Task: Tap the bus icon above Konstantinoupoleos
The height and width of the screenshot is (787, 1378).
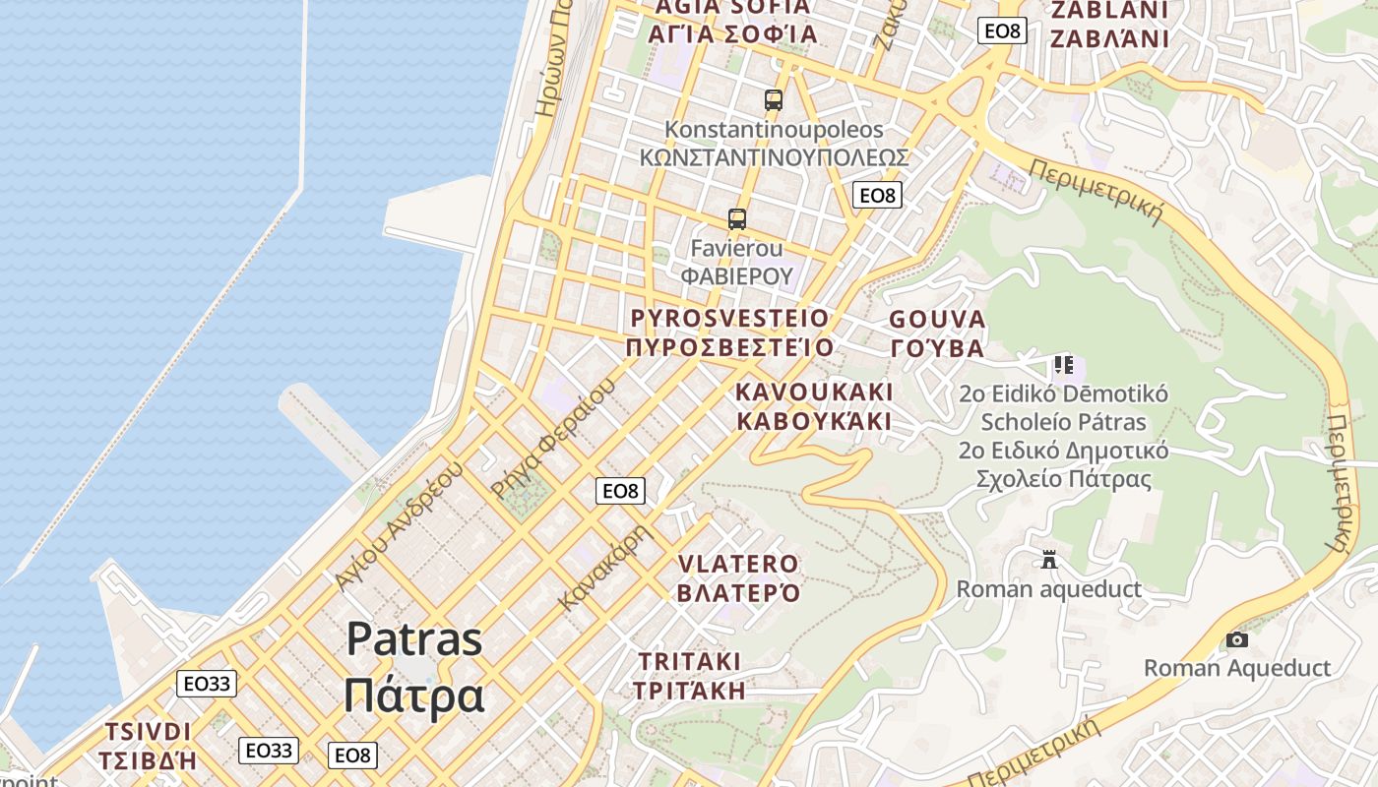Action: tap(774, 99)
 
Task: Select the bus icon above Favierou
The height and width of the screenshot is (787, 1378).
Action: tap(737, 218)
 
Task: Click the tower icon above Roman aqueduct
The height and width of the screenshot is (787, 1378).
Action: tap(1049, 560)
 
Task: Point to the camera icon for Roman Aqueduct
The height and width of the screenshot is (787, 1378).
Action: tap(1237, 640)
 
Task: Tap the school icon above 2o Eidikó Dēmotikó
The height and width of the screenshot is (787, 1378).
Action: tap(1063, 365)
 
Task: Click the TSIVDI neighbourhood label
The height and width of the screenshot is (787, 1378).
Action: tap(148, 746)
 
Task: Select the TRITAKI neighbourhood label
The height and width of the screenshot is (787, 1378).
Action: tap(689, 675)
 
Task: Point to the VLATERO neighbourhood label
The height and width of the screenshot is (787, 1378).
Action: tap(738, 578)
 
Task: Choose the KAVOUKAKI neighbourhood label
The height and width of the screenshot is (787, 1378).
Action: tap(814, 406)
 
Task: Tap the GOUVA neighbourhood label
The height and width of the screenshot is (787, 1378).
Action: tap(937, 333)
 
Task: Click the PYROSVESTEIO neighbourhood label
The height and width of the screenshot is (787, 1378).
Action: tap(729, 333)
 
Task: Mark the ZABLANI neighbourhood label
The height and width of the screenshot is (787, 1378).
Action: tap(1109, 25)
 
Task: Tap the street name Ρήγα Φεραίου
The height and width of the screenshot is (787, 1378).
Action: tap(553, 436)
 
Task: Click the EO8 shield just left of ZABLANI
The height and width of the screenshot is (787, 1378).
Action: tap(1002, 30)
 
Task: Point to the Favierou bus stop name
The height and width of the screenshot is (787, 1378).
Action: tap(736, 262)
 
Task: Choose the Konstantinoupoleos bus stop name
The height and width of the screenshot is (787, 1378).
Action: tap(774, 144)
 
